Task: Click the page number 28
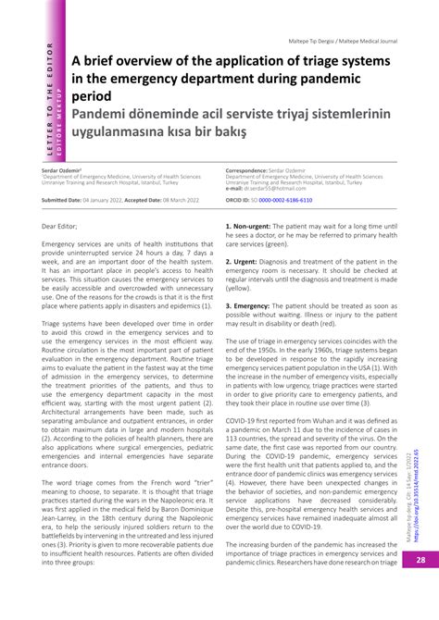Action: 419,585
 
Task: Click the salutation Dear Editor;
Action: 60,226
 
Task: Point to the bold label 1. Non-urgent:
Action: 251,226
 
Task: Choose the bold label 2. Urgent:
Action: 243,262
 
